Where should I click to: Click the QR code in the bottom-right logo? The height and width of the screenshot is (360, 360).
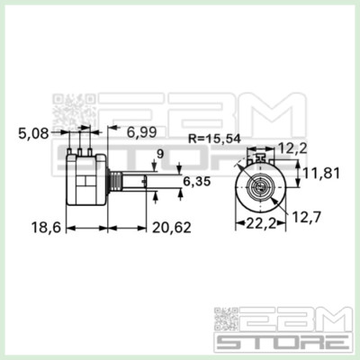click(x=227, y=320)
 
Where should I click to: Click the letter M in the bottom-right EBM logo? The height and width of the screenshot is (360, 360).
click(x=327, y=319)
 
